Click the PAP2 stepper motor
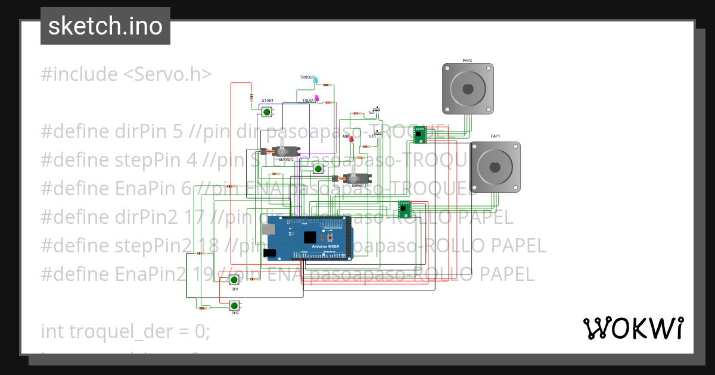point(468,89)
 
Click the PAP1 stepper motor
point(495,167)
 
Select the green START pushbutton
point(267,111)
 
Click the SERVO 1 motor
point(353,178)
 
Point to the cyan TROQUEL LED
point(316,80)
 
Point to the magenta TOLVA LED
point(318,99)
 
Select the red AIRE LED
point(351,139)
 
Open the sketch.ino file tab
point(105,26)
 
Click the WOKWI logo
point(633,328)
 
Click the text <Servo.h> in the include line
point(167,74)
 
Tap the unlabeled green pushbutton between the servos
point(318,169)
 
